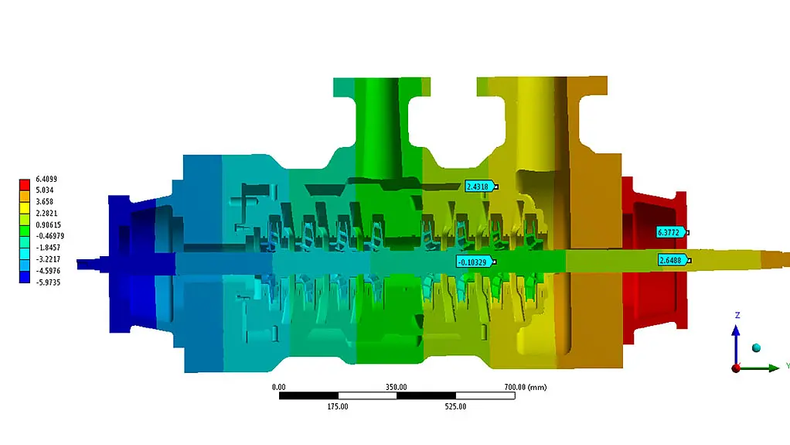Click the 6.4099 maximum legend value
coord(46,179)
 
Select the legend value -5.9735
coord(47,282)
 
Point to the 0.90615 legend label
coord(49,225)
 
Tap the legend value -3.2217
coord(47,259)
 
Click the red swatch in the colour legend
coord(25,185)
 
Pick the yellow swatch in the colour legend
coord(25,207)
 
